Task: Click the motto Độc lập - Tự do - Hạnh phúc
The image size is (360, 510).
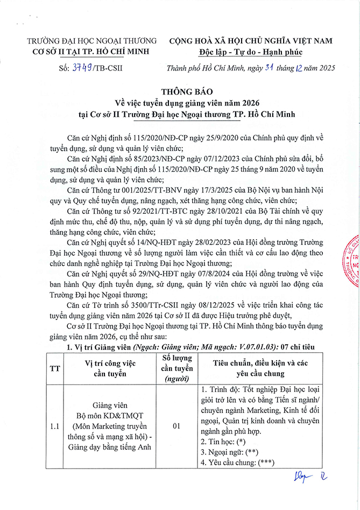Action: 250,52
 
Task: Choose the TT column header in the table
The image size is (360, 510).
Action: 55,369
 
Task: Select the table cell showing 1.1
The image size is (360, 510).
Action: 55,427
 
